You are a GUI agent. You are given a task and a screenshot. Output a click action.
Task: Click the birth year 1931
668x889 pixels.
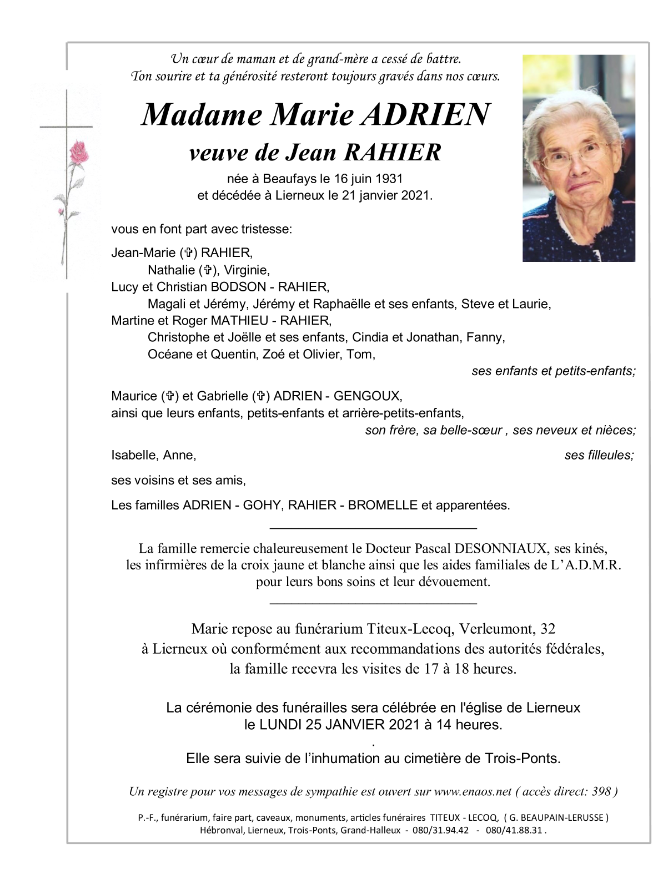point(389,179)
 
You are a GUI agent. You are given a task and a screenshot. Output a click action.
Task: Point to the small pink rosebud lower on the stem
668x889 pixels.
point(62,211)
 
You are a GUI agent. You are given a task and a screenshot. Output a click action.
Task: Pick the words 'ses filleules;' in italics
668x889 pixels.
point(599,455)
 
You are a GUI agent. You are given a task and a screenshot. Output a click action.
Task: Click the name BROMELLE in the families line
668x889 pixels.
point(381,505)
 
